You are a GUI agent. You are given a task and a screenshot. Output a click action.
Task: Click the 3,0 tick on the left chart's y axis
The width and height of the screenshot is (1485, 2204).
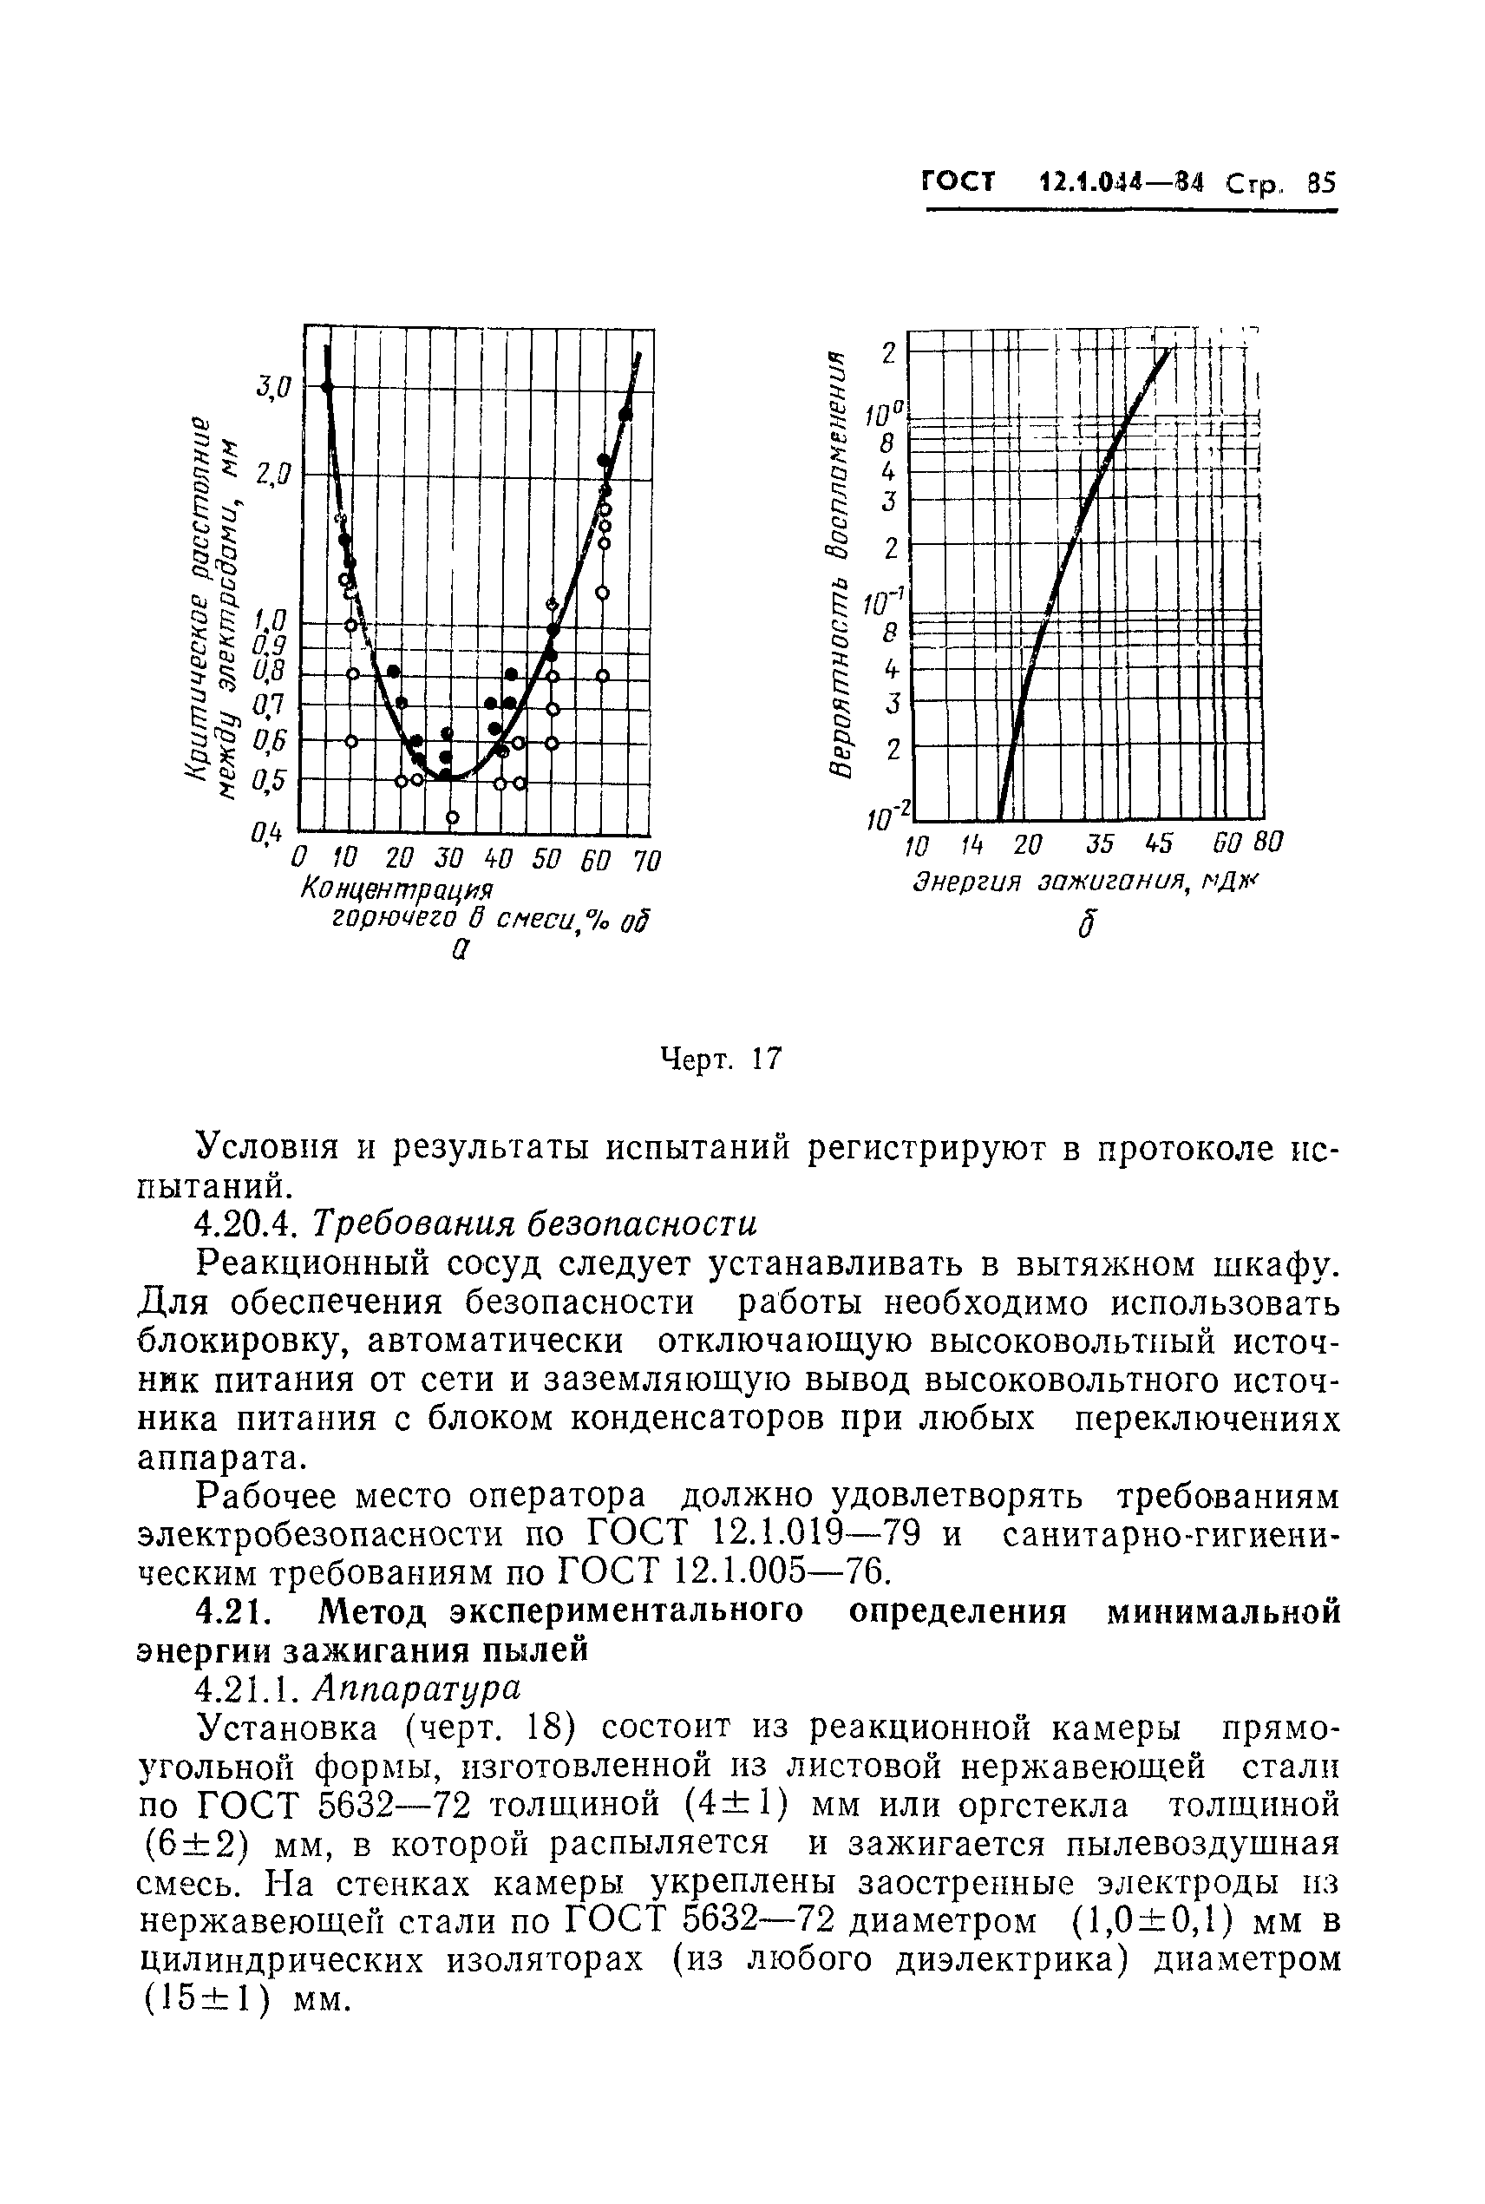276,385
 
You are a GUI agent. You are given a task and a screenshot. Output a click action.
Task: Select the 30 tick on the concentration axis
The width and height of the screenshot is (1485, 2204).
447,859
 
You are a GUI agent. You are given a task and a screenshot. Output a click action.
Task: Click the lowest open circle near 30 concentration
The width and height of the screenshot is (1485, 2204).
453,817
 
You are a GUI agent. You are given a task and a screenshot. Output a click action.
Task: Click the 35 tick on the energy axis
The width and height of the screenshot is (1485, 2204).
1101,842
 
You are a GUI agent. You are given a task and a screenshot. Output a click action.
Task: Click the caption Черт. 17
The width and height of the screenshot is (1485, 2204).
722,1059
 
